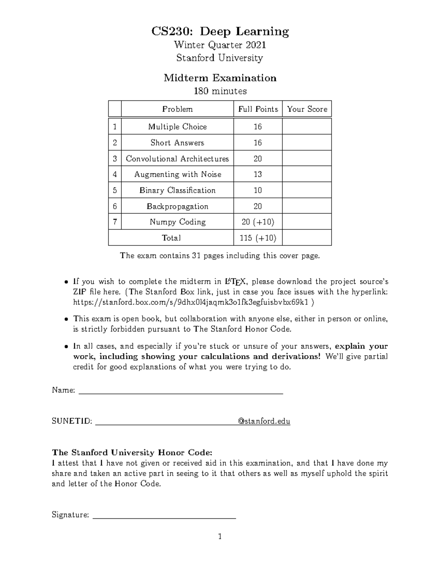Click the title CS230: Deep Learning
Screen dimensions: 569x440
click(220, 32)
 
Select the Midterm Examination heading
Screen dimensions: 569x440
click(220, 78)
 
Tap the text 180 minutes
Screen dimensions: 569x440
click(220, 91)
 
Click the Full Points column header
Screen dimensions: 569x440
click(258, 109)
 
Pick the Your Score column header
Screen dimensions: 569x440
click(307, 109)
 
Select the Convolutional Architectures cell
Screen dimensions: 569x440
click(177, 159)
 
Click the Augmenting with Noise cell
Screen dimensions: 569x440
click(177, 174)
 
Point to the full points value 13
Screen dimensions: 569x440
click(258, 174)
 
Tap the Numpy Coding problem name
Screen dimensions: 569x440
click(177, 222)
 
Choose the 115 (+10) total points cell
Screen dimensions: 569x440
click(258, 238)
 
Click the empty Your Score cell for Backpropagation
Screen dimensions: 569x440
click(307, 206)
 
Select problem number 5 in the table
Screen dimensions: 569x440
click(115, 191)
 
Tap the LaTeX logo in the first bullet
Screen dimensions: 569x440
click(233, 282)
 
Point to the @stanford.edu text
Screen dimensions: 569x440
click(264, 421)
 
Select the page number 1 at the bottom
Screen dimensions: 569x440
click(220, 537)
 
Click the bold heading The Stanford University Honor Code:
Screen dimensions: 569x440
click(132, 452)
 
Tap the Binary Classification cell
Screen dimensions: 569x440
click(177, 191)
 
